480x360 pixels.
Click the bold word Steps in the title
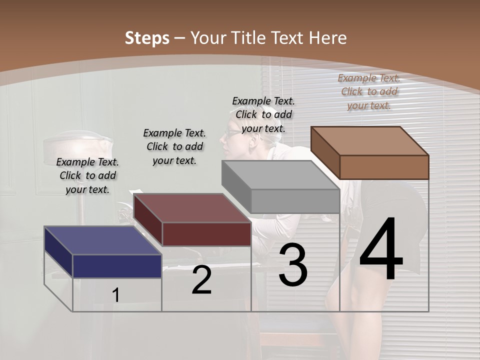[147, 38]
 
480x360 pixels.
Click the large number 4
[381, 250]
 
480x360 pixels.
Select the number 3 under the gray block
[293, 265]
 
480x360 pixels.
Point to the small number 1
[116, 295]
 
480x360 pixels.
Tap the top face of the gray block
[280, 175]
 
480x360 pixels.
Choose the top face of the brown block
[370, 140]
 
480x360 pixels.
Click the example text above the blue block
[87, 175]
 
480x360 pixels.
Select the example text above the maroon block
[174, 146]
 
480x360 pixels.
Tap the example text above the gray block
[263, 114]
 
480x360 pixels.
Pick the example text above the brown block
[369, 91]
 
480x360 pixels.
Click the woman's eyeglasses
[232, 133]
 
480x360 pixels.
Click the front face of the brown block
[384, 167]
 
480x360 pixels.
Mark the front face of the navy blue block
[117, 266]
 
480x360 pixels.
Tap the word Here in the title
[328, 38]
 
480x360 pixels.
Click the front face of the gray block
[295, 201]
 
